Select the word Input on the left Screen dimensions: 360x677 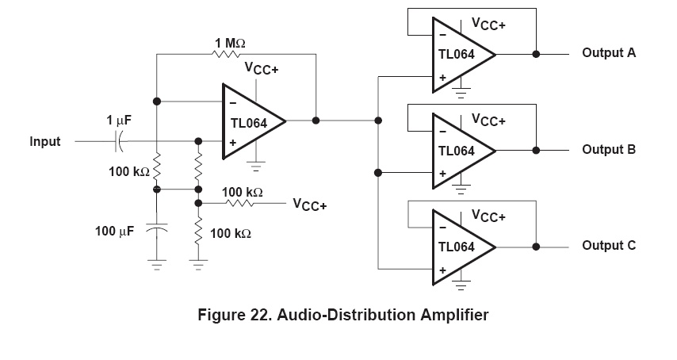pos(45,142)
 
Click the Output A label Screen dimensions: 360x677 pos(609,53)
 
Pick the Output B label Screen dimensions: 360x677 pos(609,149)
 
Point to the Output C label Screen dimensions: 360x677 pos(609,245)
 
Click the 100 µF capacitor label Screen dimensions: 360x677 pos(115,231)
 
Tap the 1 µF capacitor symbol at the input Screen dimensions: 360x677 pos(119,142)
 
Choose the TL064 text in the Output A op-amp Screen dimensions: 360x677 pos(457,54)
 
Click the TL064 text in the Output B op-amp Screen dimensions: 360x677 pos(457,150)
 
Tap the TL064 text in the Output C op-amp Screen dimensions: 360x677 pos(457,247)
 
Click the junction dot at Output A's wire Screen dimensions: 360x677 pos(537,54)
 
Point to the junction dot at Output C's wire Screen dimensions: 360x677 pos(537,246)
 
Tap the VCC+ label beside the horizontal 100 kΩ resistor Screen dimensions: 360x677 pos(310,205)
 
